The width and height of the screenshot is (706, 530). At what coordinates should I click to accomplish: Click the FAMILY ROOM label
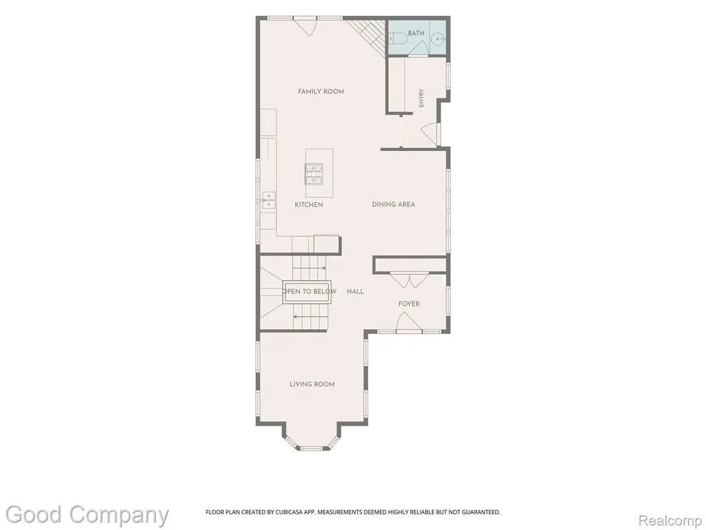[321, 92]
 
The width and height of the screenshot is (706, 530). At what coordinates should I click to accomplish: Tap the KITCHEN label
[309, 204]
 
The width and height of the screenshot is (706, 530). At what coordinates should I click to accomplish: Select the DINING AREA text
[393, 204]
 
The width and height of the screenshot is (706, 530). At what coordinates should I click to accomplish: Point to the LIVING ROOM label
[312, 384]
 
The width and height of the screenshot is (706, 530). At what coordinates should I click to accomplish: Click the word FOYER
[409, 304]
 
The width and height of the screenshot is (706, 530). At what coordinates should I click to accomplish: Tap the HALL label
[355, 292]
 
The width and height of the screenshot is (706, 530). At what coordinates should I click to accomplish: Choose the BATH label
[416, 33]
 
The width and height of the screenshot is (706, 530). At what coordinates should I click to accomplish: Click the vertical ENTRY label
[421, 98]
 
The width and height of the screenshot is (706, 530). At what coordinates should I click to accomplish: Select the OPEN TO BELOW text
[310, 291]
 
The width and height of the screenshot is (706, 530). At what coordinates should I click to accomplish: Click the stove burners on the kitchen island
[314, 173]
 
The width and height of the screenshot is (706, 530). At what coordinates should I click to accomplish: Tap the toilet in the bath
[397, 39]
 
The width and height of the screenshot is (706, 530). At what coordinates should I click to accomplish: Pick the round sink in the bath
[438, 39]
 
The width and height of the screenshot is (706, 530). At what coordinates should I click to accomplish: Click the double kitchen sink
[269, 201]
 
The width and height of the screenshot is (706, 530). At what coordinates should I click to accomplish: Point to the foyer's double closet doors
[409, 281]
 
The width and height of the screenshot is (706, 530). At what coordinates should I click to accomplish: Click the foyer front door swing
[409, 323]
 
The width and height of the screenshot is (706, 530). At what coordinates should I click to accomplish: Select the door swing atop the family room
[306, 27]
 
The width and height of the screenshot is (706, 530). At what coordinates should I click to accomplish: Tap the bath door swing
[418, 48]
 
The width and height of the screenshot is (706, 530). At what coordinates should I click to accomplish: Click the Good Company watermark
[87, 515]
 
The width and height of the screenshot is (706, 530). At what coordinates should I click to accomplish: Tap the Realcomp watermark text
[670, 520]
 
